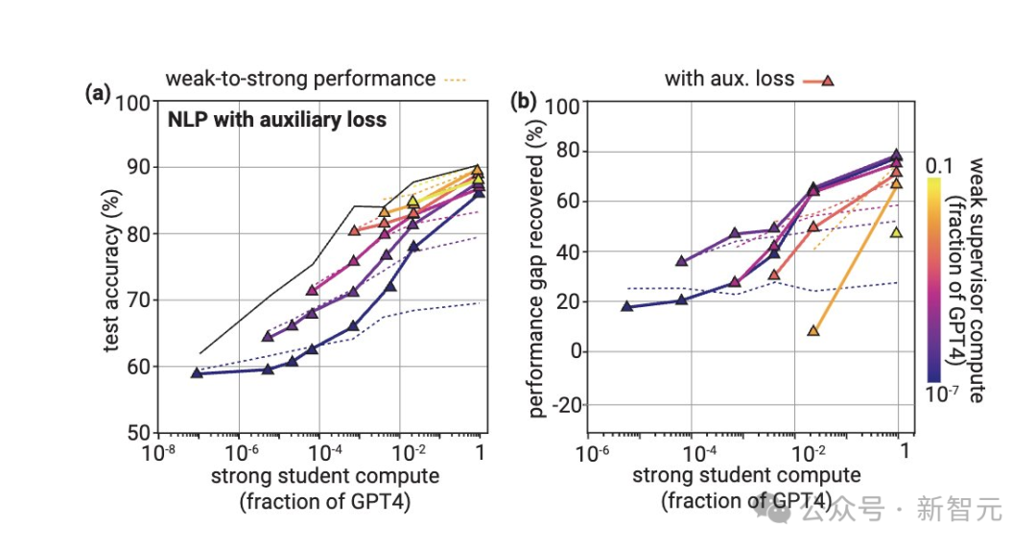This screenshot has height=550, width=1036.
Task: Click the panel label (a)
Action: (x=98, y=94)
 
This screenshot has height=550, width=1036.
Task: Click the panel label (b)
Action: (x=524, y=101)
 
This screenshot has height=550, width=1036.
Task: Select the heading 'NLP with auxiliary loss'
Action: (x=277, y=120)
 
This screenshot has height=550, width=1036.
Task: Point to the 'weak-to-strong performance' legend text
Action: (x=300, y=79)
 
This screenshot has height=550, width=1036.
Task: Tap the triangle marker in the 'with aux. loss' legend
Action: (x=827, y=80)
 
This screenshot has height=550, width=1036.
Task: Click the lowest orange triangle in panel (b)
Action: (x=813, y=330)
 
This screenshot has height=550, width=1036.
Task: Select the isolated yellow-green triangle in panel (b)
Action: (x=896, y=232)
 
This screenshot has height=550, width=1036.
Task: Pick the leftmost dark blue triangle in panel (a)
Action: (x=196, y=372)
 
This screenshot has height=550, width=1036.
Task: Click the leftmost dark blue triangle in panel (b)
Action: (x=627, y=306)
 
